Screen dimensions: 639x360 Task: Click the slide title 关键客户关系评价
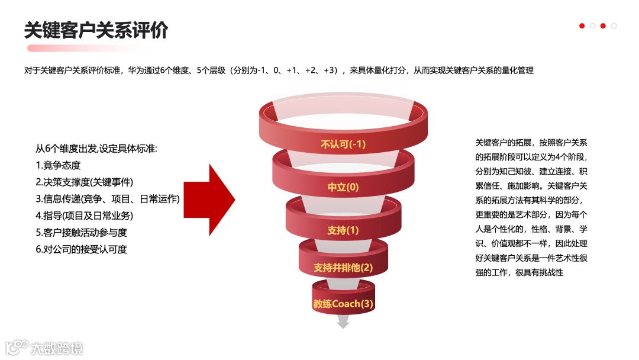(96, 29)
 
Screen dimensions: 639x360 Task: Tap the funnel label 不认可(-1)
(343, 144)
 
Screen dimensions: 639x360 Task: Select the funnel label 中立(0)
(343, 187)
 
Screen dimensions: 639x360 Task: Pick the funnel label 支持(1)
(343, 230)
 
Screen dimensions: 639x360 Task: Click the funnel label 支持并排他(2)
(343, 268)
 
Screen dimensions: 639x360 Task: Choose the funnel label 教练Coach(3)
(343, 304)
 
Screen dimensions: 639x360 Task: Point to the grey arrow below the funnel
(343, 322)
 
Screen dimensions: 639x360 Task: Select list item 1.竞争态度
(58, 165)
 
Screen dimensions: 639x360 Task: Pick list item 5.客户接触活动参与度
(81, 232)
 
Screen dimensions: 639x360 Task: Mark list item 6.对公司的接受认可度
(81, 249)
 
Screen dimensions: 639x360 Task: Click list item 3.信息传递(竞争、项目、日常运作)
(107, 199)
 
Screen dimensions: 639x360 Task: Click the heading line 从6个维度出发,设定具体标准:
(96, 148)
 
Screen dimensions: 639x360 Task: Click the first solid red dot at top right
(582, 25)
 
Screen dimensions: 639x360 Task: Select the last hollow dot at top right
(614, 25)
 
